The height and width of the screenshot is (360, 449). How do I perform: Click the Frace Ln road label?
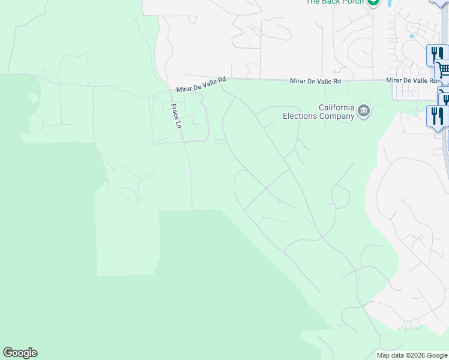point(176,117)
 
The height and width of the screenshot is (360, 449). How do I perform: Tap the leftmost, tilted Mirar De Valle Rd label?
point(201,84)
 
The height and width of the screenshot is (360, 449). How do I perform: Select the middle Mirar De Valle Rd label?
point(315,80)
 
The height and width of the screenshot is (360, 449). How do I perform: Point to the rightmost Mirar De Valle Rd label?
point(412,80)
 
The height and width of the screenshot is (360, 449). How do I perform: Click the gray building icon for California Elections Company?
point(364,111)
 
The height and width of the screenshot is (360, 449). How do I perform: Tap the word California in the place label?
point(336,108)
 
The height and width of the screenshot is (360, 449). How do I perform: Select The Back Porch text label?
point(335,2)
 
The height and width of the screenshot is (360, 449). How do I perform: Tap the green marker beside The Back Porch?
point(374,2)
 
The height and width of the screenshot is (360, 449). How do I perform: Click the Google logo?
point(20,353)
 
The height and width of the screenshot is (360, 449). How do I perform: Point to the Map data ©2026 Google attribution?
point(412,355)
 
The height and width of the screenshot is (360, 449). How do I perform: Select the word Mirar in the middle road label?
point(298,80)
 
